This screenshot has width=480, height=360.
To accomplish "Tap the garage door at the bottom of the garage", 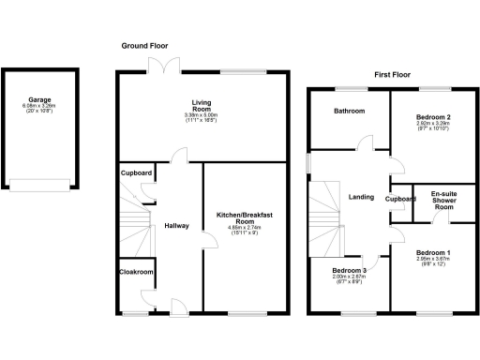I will click(39, 183).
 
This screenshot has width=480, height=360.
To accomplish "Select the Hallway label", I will click(177, 226).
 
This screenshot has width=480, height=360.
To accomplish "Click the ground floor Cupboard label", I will click(137, 173).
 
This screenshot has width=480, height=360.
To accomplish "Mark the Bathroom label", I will click(348, 111).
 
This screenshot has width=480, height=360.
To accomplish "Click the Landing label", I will click(361, 197).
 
